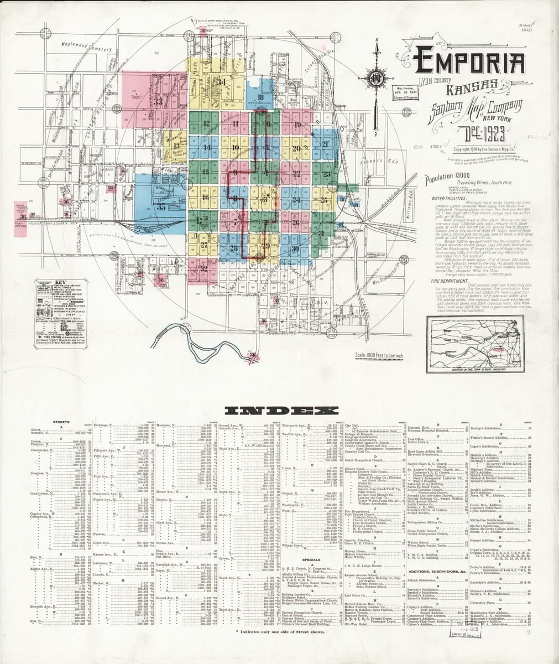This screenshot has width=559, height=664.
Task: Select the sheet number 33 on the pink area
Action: click(x=158, y=101)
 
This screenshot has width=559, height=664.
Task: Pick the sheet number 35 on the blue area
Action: click(x=161, y=207)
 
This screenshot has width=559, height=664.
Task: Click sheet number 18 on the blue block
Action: click(x=260, y=97)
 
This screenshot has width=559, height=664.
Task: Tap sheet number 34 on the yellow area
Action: click(x=223, y=82)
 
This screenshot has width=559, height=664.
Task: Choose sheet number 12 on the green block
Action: click(x=206, y=123)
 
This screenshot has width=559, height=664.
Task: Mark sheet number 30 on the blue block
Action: click(x=295, y=249)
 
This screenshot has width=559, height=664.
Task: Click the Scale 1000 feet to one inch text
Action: click(x=379, y=355)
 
